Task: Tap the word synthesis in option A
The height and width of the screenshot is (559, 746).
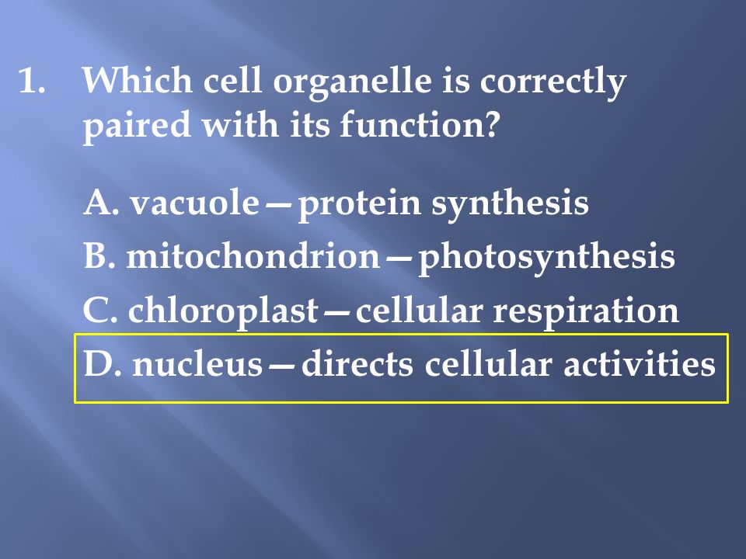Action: point(510,205)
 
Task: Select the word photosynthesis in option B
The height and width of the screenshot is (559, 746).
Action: point(546,259)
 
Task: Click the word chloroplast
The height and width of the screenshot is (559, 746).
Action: point(223,311)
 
